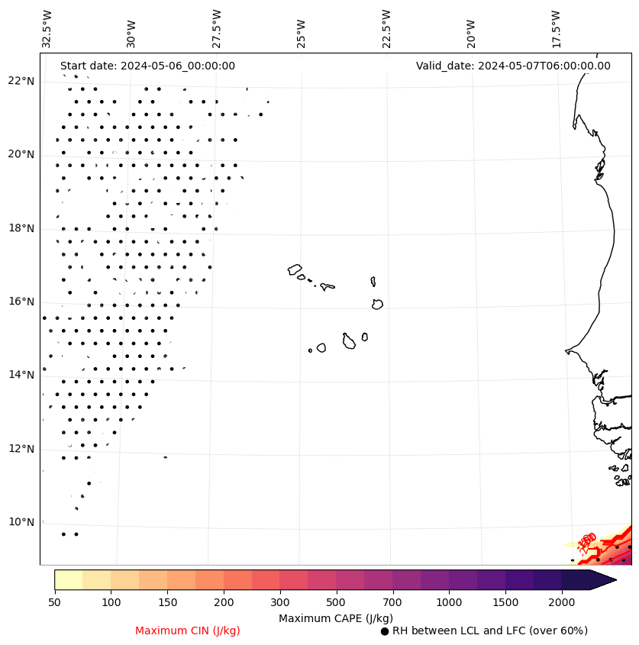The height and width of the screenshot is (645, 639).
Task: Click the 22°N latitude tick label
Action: pos(21,81)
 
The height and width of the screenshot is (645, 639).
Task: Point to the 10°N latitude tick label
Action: pos(21,522)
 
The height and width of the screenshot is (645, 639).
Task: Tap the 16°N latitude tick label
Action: pos(21,302)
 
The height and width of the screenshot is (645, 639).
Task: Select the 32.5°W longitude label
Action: pos(47,29)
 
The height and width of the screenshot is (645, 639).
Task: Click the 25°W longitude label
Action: pos(302,33)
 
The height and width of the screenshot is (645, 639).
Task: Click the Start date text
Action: pos(147,66)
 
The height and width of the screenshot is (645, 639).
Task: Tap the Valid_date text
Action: pos(513,66)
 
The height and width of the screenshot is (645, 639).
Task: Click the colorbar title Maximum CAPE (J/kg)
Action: pos(334,618)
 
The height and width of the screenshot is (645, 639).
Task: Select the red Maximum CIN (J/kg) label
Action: pos(188,630)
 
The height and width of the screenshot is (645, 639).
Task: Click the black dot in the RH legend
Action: pos(385,631)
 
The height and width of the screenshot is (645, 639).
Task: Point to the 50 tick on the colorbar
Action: pos(54,603)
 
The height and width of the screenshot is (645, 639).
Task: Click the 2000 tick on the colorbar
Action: pos(562,603)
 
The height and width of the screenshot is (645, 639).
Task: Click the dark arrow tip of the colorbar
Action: pos(607,579)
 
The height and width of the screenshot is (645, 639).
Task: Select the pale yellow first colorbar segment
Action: pos(68,579)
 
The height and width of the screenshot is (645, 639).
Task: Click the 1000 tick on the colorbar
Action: pos(449,603)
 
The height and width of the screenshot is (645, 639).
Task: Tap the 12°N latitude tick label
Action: pos(21,449)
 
